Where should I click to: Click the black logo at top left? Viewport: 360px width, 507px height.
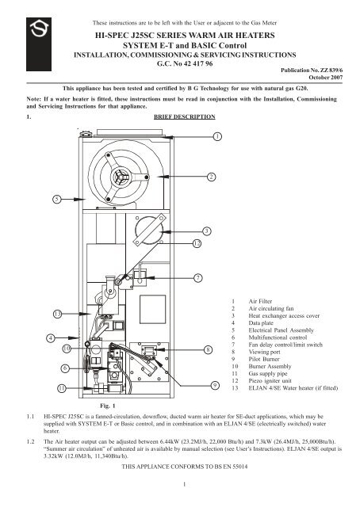[x=39, y=44]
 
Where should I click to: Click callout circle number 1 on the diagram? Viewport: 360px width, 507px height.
[x=217, y=136]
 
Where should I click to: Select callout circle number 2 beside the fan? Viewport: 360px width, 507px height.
[x=212, y=177]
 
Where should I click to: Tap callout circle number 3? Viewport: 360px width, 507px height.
[x=206, y=231]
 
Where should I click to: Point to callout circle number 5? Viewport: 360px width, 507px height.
[x=57, y=199]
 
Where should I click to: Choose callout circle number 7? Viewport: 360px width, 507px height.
[x=197, y=278]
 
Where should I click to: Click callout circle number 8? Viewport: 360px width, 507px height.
[x=209, y=349]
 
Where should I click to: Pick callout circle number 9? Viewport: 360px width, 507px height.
[x=215, y=385]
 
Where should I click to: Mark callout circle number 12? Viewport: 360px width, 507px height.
[x=197, y=243]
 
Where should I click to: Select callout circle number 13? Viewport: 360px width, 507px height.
[x=57, y=314]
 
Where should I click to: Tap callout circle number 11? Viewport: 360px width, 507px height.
[x=62, y=388]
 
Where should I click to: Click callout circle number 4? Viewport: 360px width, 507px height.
[x=51, y=338]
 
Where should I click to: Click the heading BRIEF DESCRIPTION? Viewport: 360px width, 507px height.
[x=185, y=116]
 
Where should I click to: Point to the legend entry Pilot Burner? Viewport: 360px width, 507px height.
[x=264, y=359]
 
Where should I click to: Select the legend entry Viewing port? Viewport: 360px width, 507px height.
[x=264, y=352]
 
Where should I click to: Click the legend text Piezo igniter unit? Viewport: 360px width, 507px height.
[x=270, y=380]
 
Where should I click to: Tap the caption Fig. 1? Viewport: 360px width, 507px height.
[x=108, y=406]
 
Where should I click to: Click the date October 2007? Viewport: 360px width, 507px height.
[x=325, y=78]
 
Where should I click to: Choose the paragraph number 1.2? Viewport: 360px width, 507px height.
[x=30, y=441]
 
